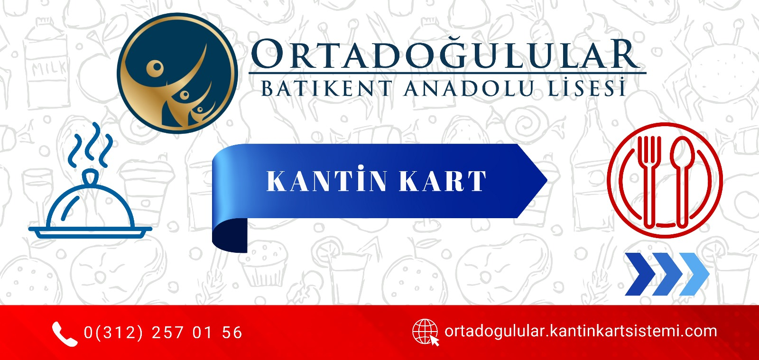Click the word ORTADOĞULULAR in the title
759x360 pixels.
[445, 54]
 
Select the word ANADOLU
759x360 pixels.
[468, 88]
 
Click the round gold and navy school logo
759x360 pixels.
[177, 73]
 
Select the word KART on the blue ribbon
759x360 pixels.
[443, 181]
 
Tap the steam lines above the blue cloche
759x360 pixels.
[90, 145]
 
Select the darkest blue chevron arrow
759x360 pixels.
[640, 274]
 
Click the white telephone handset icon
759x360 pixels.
[64, 334]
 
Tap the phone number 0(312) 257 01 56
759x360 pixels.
[163, 332]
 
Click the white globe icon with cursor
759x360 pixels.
[426, 332]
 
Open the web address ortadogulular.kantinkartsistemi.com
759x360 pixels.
[581, 331]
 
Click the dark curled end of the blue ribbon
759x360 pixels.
[230, 236]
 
